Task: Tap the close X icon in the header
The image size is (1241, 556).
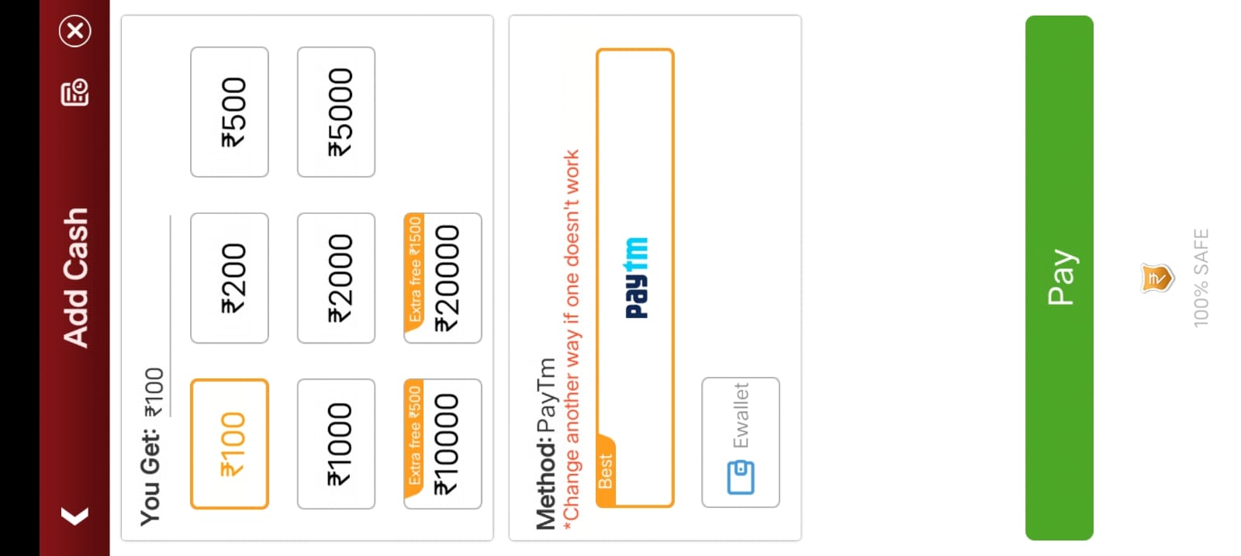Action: click(x=75, y=31)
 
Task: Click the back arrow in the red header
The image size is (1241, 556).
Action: click(x=74, y=516)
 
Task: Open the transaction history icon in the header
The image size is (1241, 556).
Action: click(x=74, y=92)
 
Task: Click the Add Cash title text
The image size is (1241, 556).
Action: click(x=75, y=278)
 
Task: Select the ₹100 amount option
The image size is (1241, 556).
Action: click(x=230, y=444)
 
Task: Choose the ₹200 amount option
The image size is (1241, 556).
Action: click(x=230, y=278)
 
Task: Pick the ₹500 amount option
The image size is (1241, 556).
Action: click(x=230, y=112)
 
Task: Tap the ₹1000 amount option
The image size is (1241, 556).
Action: click(x=337, y=444)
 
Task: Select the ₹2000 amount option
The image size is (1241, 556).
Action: click(x=337, y=278)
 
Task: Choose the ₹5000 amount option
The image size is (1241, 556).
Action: click(x=337, y=112)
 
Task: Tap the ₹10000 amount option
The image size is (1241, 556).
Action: click(x=443, y=444)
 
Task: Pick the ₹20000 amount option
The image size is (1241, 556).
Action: click(x=443, y=278)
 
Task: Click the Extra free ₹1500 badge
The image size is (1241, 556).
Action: click(x=414, y=271)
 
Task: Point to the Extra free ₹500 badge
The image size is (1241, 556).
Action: click(x=414, y=437)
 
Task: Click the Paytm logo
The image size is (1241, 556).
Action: click(x=637, y=278)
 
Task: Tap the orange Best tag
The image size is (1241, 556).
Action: click(x=606, y=471)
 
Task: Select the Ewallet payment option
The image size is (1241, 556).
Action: click(x=741, y=443)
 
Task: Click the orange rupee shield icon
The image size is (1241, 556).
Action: click(x=1157, y=278)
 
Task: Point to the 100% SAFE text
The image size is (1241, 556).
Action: click(x=1201, y=278)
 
